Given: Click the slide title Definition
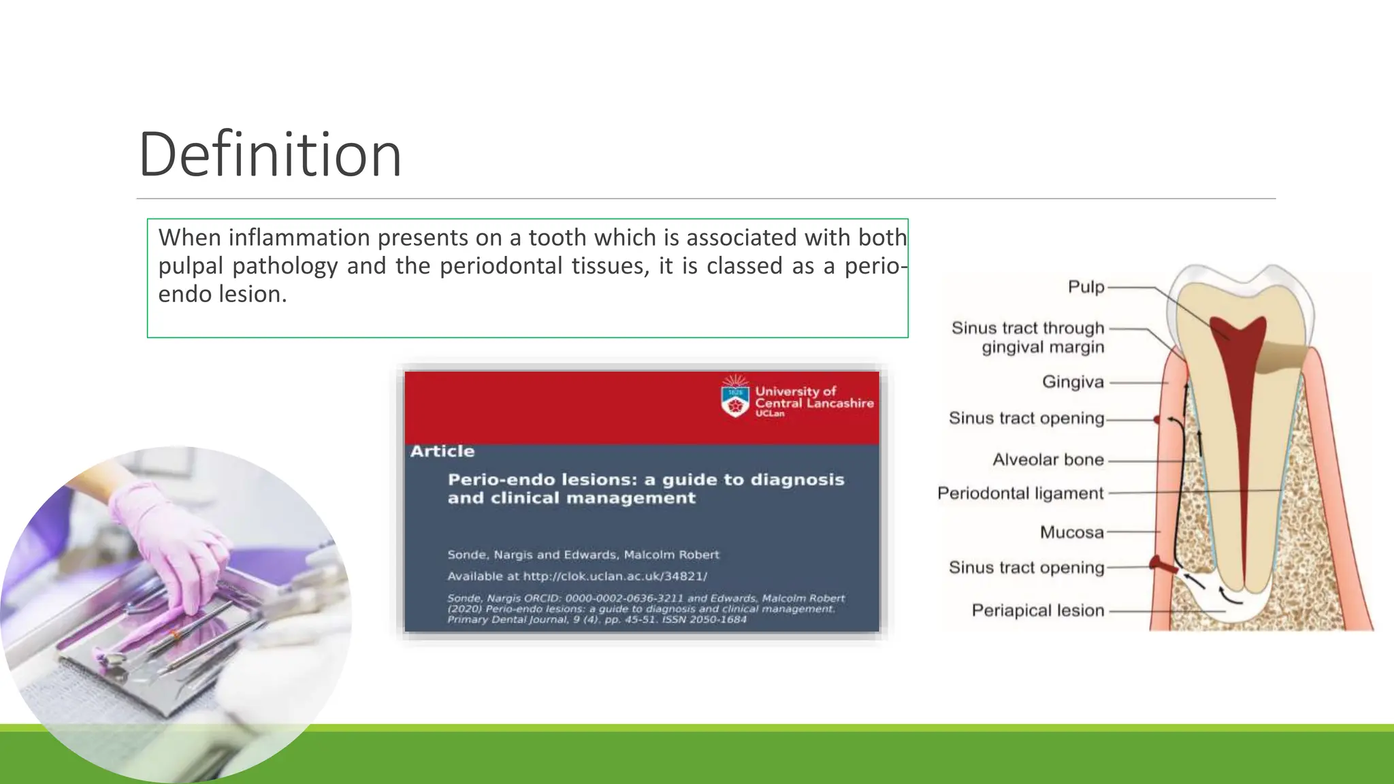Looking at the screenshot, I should pyautogui.click(x=270, y=155).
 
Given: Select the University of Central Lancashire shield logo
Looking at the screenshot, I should pyautogui.click(x=734, y=397).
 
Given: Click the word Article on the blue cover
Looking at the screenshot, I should pyautogui.click(x=442, y=451).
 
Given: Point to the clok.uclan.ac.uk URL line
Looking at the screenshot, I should pyautogui.click(x=577, y=576).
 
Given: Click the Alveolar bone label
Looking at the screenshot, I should pyautogui.click(x=1048, y=460).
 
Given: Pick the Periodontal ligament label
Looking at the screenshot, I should pyautogui.click(x=1020, y=493).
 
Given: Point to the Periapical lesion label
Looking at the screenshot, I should pyautogui.click(x=1037, y=610).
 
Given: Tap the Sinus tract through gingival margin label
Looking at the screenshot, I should pyautogui.click(x=1028, y=338).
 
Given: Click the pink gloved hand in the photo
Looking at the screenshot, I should pyautogui.click(x=170, y=538).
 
